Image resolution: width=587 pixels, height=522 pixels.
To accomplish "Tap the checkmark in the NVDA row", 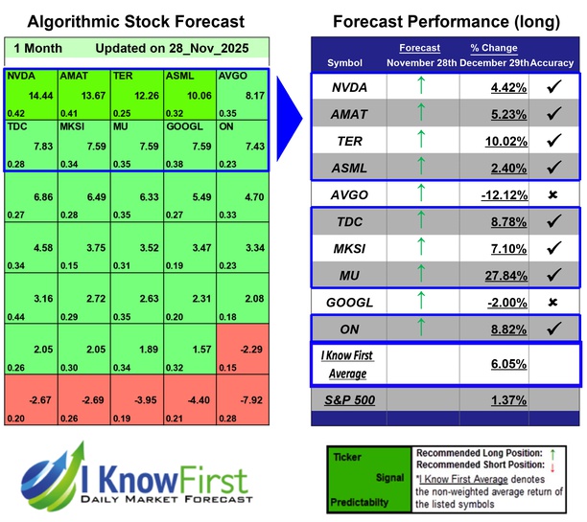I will pos(552,85).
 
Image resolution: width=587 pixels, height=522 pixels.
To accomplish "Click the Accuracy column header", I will pos(552,62).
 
